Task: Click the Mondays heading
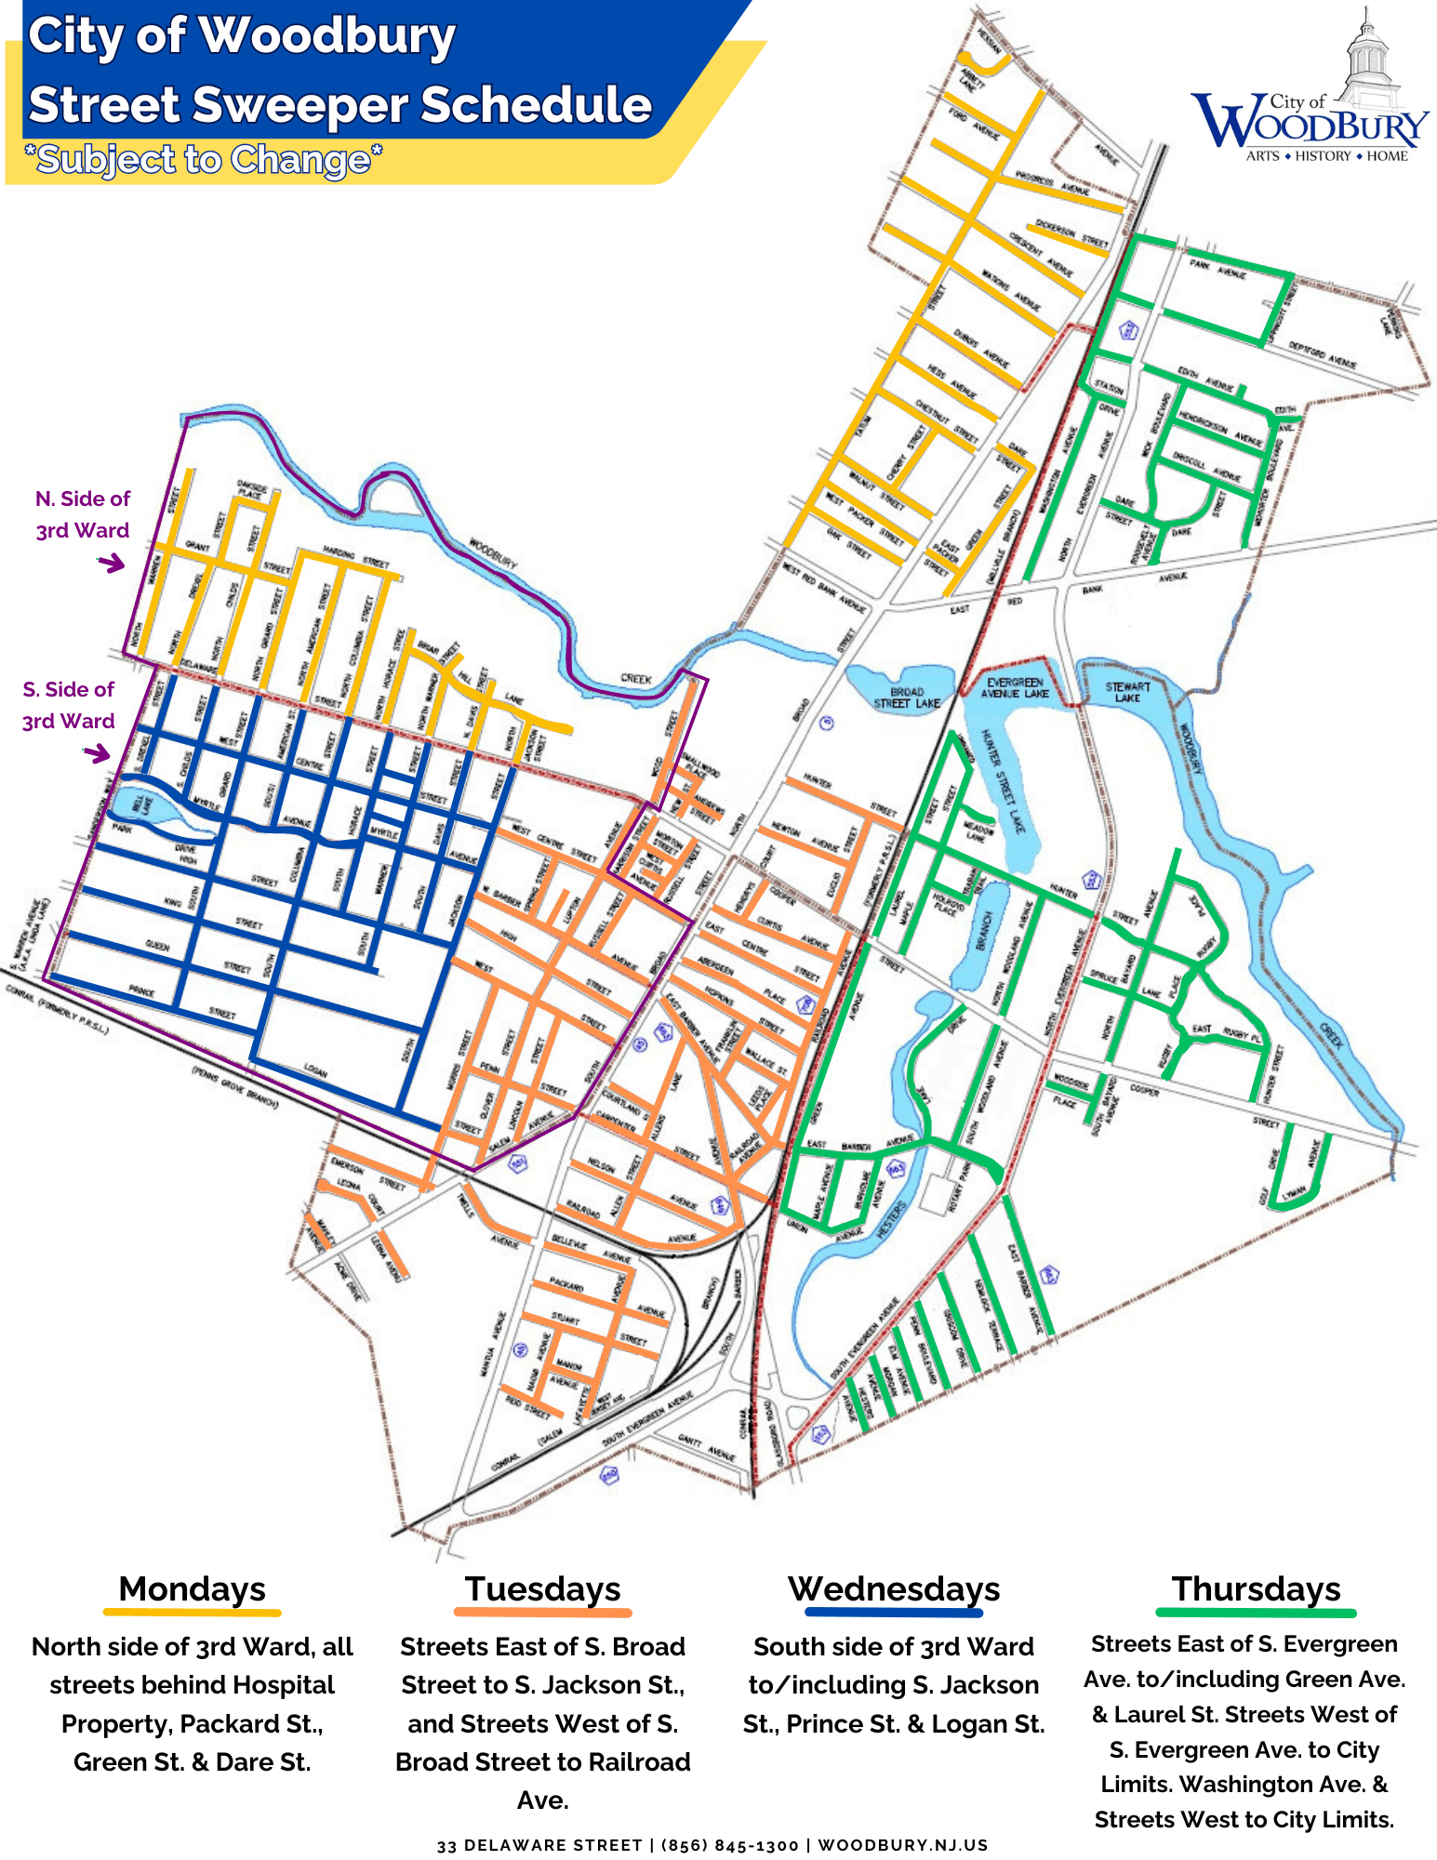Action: coord(192,1589)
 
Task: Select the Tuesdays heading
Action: coord(542,1589)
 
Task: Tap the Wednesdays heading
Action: coord(894,1589)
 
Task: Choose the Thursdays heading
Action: coord(1256,1589)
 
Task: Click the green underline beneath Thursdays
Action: coord(1256,1613)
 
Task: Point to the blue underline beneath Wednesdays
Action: coord(894,1613)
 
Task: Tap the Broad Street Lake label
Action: coord(907,697)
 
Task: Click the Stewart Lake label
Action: coord(1127,692)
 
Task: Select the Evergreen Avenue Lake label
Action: coord(1015,688)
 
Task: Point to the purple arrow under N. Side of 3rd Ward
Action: coord(112,563)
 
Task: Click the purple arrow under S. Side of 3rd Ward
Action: coord(97,752)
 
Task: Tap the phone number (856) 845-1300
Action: coord(729,1845)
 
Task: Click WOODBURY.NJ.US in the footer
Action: coord(902,1845)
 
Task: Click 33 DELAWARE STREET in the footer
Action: coord(539,1845)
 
